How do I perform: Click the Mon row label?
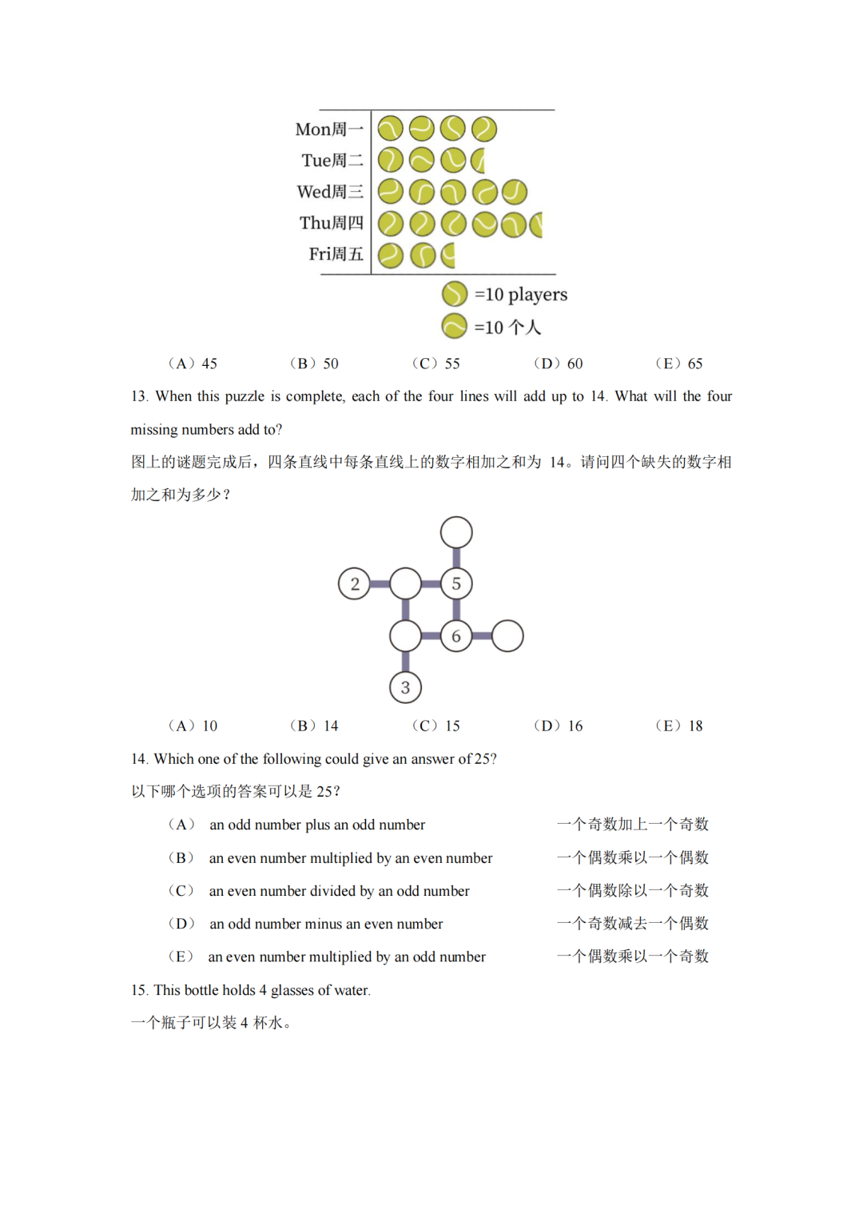point(328,129)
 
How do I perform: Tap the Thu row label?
point(331,223)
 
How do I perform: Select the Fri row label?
point(336,254)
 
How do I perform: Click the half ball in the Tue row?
point(479,161)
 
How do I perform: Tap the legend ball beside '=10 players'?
point(454,294)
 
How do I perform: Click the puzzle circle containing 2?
point(354,584)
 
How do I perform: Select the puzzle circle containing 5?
point(456,584)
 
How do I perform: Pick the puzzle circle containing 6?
point(456,636)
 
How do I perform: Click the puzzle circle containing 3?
point(405,687)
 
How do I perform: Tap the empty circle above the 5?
point(456,532)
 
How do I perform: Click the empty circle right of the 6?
point(507,636)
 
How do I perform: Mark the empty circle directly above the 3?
point(405,636)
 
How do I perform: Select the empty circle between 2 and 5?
point(405,584)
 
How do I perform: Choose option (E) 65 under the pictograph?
point(679,364)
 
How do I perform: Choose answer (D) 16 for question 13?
point(559,726)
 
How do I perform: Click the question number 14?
point(139,759)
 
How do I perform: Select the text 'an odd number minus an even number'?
point(326,924)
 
